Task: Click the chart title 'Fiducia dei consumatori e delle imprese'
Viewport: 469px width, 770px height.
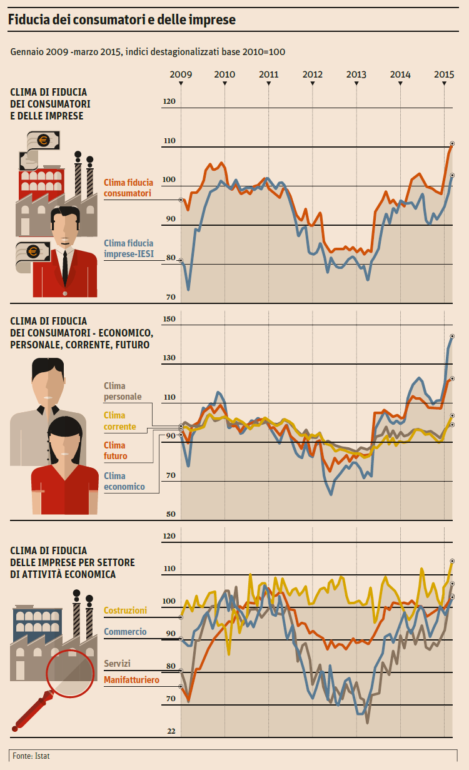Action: tap(122, 20)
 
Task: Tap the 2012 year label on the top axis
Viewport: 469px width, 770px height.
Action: tap(313, 74)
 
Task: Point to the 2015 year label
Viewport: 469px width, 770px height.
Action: tap(444, 74)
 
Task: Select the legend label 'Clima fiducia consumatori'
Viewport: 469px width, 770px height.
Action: tap(128, 188)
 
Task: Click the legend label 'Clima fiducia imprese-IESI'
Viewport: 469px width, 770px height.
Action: tap(128, 249)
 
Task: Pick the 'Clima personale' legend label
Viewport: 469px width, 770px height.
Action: tap(123, 392)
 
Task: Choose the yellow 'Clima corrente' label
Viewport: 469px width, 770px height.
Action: tap(119, 421)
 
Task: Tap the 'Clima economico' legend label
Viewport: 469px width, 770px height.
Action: tap(124, 481)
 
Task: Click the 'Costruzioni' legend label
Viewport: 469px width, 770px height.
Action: tap(125, 610)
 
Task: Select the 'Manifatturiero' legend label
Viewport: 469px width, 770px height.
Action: tap(131, 680)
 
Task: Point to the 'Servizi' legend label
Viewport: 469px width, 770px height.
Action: tap(117, 664)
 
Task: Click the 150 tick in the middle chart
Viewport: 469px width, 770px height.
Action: tap(169, 320)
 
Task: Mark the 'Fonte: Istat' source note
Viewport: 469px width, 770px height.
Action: tap(31, 756)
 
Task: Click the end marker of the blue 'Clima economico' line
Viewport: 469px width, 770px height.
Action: tap(452, 337)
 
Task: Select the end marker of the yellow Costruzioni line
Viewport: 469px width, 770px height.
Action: tap(451, 561)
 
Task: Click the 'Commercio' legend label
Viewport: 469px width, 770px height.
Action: tap(125, 632)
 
